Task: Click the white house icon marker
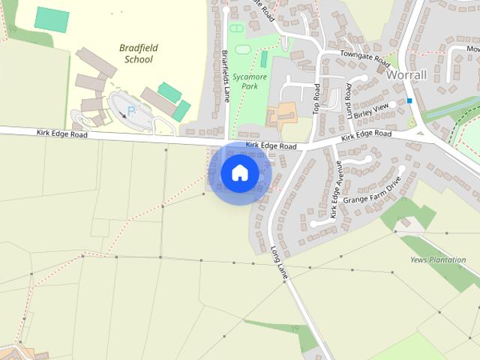(239, 173)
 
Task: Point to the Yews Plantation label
(438, 259)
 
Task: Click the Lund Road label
(349, 101)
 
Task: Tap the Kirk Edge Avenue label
(335, 189)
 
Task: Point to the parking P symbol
(130, 110)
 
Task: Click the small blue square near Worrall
(409, 100)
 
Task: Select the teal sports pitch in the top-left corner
(52, 19)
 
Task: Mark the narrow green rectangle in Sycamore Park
(263, 58)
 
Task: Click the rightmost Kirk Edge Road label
(366, 135)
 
